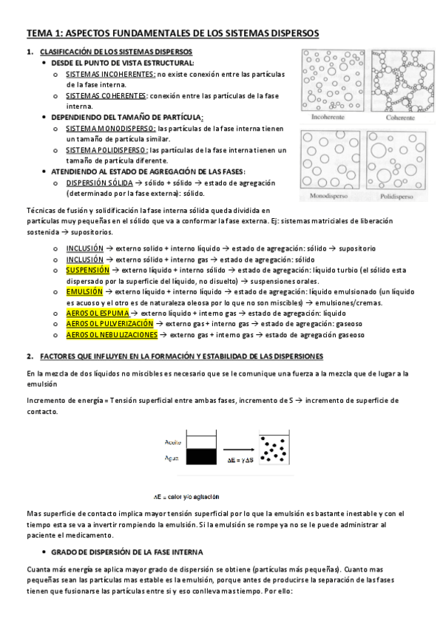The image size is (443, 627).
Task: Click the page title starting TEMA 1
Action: [173, 33]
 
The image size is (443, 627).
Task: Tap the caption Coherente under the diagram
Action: [399, 117]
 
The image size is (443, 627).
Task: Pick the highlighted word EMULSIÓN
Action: [81, 292]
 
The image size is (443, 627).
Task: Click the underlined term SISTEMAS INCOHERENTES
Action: [110, 75]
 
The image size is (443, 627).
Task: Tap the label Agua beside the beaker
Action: [172, 458]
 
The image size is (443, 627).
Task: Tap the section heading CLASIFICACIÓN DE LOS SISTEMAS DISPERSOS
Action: [115, 52]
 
